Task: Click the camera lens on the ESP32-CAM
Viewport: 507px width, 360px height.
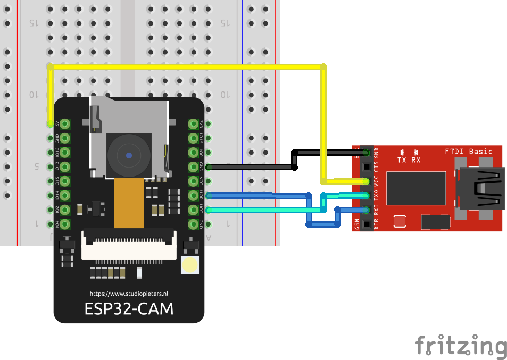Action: [129, 155]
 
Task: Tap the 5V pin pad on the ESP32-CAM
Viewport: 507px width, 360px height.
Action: [65, 124]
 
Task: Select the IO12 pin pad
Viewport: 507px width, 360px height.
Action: [65, 153]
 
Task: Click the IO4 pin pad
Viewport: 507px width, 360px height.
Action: [65, 224]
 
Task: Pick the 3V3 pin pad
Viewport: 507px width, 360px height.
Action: [193, 124]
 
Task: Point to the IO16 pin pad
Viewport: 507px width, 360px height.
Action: [193, 138]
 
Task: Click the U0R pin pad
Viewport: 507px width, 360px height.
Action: [193, 196]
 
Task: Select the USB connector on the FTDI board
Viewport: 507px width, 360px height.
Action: [481, 188]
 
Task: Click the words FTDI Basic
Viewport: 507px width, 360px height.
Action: [469, 152]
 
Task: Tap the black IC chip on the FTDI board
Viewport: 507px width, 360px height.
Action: [415, 188]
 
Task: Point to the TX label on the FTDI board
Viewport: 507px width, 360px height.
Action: [402, 160]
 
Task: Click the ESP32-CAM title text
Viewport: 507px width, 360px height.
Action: [129, 309]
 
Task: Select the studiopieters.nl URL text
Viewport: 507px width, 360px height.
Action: [129, 294]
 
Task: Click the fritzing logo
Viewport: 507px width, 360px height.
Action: [461, 346]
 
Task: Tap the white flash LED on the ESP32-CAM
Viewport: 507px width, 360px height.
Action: [189, 265]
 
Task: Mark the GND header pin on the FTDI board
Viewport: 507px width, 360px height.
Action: [367, 153]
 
